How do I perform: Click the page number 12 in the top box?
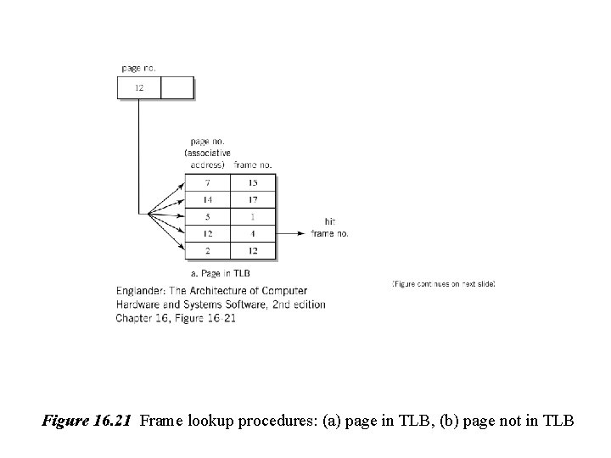click(138, 88)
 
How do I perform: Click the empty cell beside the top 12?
click(177, 88)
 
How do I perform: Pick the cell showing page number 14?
click(208, 200)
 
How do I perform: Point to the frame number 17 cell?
click(253, 200)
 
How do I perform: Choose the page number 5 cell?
click(208, 217)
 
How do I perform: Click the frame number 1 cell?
click(253, 217)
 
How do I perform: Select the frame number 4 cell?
click(253, 233)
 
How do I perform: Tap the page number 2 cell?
click(208, 250)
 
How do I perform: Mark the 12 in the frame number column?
click(253, 250)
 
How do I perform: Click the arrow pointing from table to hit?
click(293, 233)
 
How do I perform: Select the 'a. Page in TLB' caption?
click(220, 273)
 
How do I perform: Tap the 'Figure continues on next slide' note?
click(444, 283)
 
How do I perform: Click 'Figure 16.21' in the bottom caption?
click(87, 420)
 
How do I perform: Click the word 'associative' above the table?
click(207, 152)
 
